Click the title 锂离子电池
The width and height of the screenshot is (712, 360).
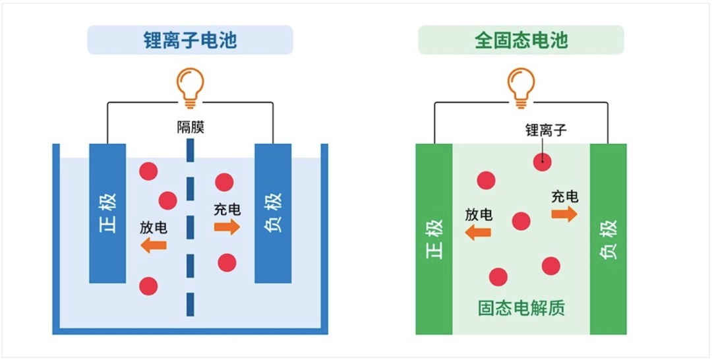pos(190,40)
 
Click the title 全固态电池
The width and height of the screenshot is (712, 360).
pos(521,40)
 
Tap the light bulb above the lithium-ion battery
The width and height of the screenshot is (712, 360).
pos(190,88)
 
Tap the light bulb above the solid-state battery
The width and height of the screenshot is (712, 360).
pos(521,88)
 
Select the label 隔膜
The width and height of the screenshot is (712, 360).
pos(190,127)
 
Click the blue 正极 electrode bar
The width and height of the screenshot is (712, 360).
pos(107,213)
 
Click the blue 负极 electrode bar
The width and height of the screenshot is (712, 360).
pos(273,213)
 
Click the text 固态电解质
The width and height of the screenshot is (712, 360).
pos(521,307)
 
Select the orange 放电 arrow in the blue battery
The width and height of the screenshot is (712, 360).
pos(155,245)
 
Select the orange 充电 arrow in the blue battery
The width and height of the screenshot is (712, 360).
pos(227,227)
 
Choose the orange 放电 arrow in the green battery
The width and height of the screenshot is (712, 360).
pos(478,231)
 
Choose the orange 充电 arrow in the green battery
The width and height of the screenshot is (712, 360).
pos(564,214)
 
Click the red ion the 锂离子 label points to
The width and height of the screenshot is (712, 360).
pos(543,160)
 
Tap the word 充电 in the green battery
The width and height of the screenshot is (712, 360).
pos(565,196)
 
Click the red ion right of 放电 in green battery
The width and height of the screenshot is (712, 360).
pos(521,221)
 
